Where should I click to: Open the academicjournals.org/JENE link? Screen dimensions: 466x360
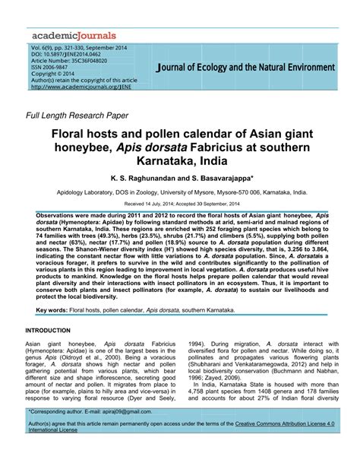(x=84, y=86)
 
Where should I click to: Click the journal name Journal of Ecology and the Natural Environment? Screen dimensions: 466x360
(x=240, y=68)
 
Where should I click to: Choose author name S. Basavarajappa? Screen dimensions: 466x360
(x=222, y=178)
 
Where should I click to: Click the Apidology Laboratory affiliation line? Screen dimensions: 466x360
(x=180, y=194)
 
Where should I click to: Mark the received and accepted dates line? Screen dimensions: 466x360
(x=180, y=204)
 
